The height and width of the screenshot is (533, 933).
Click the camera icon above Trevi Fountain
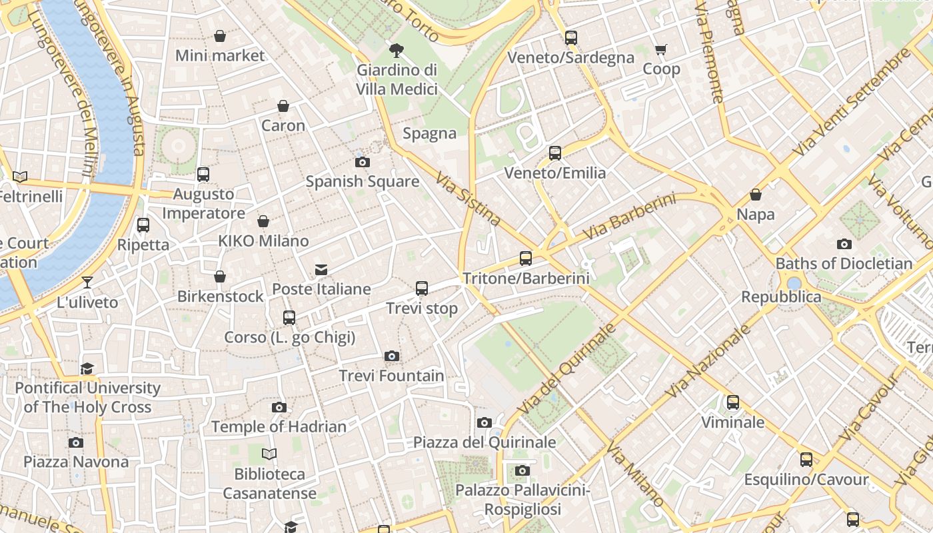[x=392, y=356]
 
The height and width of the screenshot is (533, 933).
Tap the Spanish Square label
[x=363, y=181]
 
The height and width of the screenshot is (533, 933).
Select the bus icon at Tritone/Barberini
[x=526, y=258]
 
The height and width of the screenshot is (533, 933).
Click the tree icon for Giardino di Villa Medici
[x=397, y=50]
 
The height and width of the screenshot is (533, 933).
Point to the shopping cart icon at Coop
[x=661, y=49]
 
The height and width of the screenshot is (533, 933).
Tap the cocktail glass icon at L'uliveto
[x=87, y=282]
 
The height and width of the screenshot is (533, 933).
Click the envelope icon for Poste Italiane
[x=321, y=269]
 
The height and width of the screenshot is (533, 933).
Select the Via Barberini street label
[x=629, y=217]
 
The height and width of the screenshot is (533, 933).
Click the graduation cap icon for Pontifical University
[x=87, y=368]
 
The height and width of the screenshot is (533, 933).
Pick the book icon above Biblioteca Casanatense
[x=269, y=454]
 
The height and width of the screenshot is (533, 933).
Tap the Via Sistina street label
[x=468, y=199]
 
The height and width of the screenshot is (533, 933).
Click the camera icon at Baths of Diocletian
[x=844, y=244]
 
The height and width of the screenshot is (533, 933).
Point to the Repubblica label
[x=781, y=296]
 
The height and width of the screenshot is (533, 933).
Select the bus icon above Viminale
[x=733, y=402]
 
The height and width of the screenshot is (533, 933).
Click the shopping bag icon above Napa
[x=756, y=195]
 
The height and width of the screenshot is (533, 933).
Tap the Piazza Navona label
[x=76, y=462]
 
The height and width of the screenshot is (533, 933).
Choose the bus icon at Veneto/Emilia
[x=555, y=153]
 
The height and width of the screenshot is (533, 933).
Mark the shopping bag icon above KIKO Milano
[x=263, y=221]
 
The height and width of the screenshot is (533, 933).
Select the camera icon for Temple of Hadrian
[x=279, y=407]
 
